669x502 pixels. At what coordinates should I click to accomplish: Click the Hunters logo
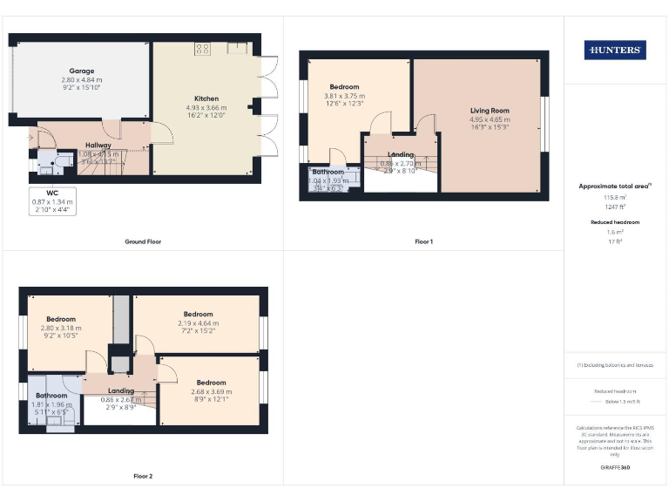pyautogui.click(x=615, y=51)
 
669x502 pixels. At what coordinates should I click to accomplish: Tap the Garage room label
pyautogui.click(x=82, y=71)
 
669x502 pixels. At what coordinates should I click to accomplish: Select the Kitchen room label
pyautogui.click(x=206, y=98)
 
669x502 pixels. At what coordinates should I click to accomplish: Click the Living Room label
pyautogui.click(x=490, y=111)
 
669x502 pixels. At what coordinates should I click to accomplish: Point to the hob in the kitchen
pyautogui.click(x=202, y=49)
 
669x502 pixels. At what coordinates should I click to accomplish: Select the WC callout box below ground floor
pyautogui.click(x=52, y=200)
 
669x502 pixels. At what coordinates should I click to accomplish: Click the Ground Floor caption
pyautogui.click(x=143, y=241)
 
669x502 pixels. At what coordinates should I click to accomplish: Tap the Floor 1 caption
pyautogui.click(x=423, y=241)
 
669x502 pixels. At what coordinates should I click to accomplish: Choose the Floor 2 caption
pyautogui.click(x=143, y=476)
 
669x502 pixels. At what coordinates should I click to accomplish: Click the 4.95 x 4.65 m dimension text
pyautogui.click(x=490, y=120)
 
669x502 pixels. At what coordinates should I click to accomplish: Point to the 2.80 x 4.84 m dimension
pyautogui.click(x=82, y=79)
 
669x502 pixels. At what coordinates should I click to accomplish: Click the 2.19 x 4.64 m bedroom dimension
pyautogui.click(x=198, y=323)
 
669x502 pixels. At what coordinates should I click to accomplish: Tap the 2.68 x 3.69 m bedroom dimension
pyautogui.click(x=211, y=391)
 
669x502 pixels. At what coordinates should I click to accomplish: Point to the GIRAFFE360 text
pyautogui.click(x=615, y=470)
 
